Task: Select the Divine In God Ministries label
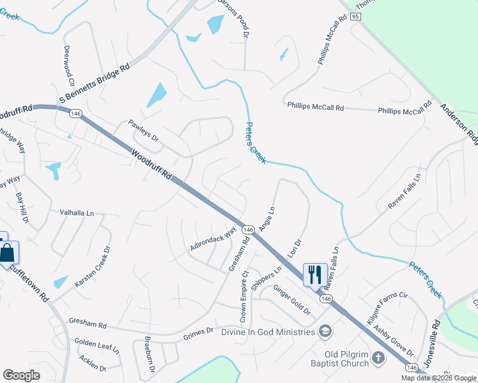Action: coord(268,331)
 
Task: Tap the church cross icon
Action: coord(378,357)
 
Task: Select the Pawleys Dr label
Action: coord(143,131)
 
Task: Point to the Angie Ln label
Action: coord(267,218)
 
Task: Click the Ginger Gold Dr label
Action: coord(291,301)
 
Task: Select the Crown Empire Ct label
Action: coord(244,297)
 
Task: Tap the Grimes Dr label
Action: coord(197,333)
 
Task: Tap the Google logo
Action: coord(22,375)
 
